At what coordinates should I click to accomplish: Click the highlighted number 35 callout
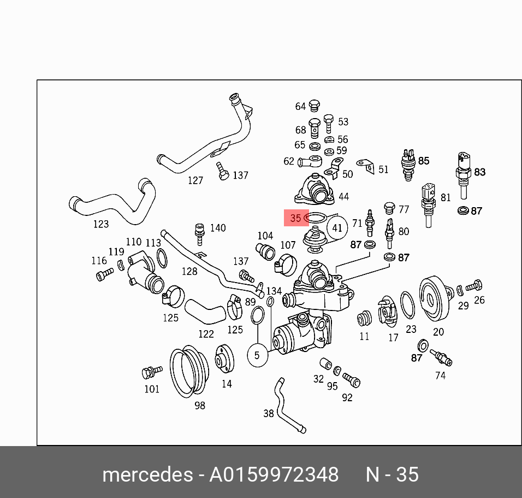coord(295,218)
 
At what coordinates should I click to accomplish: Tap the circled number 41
coord(337,227)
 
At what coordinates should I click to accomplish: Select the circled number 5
coord(258,355)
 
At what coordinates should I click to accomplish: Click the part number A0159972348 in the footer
coord(274,474)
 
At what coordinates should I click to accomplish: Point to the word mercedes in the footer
coord(147,474)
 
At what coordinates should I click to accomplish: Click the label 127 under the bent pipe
coord(195,180)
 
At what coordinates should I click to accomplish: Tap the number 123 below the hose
coord(100,224)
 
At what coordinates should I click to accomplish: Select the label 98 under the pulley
coord(200,405)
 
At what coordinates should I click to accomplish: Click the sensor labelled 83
coord(462,172)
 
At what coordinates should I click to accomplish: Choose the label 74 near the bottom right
coord(440,376)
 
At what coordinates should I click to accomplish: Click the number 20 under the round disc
coord(438,331)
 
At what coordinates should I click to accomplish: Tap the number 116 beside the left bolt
coord(99,261)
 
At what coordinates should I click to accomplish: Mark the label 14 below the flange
coord(226,384)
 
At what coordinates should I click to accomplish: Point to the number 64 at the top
coord(301,107)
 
